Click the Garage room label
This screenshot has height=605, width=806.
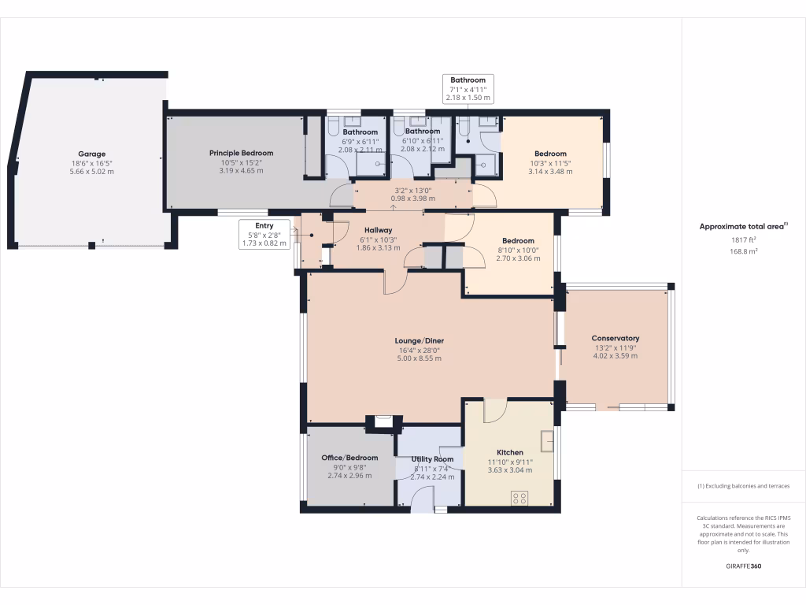click(91, 154)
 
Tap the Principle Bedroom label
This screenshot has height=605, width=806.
click(241, 152)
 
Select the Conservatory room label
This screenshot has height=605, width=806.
click(616, 338)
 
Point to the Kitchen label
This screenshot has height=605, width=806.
click(510, 452)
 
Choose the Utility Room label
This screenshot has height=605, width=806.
click(432, 458)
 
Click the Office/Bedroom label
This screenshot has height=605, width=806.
click(349, 458)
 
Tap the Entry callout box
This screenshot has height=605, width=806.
click(264, 235)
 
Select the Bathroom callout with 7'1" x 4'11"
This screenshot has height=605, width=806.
click(468, 89)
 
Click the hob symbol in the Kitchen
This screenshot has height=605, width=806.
click(519, 496)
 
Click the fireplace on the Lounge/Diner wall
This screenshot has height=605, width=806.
click(383, 421)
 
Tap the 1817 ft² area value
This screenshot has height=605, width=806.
click(743, 239)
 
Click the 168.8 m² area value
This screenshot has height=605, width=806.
click(743, 252)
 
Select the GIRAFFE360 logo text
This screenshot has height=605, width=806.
click(743, 566)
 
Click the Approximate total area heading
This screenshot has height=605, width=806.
click(743, 227)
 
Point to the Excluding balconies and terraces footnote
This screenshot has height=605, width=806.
click(743, 486)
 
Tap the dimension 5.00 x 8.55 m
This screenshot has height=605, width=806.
click(419, 358)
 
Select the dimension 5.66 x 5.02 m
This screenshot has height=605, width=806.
click(91, 171)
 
